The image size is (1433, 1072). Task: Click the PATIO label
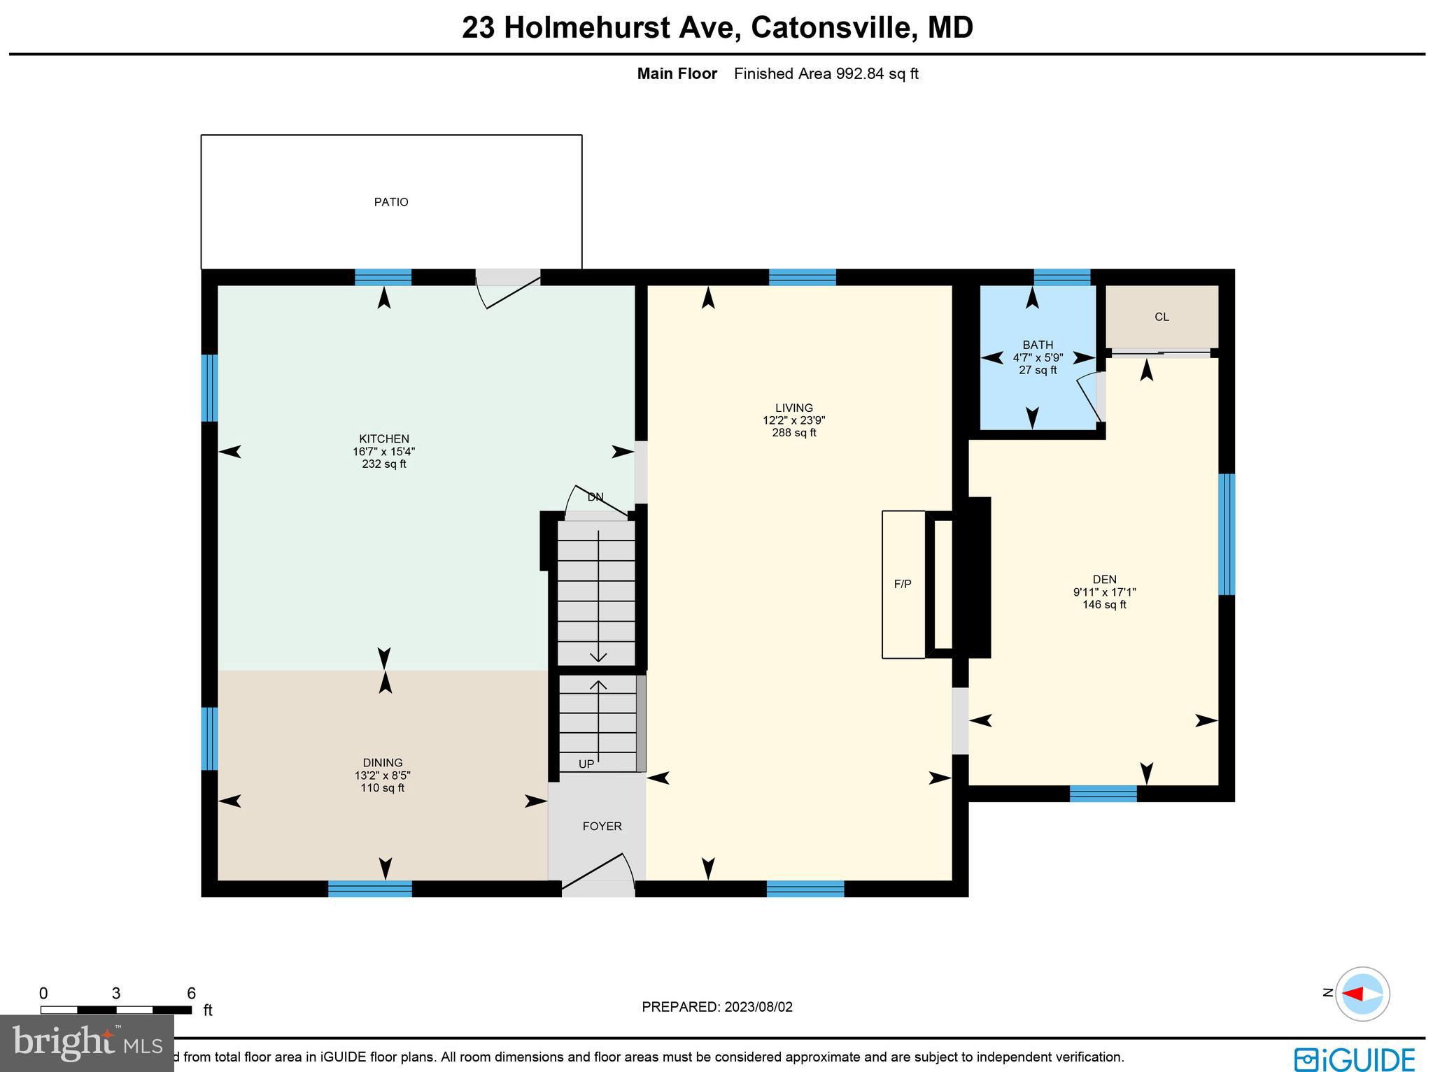(390, 202)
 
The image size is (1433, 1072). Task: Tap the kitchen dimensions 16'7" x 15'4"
(383, 452)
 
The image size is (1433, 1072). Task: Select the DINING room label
(382, 762)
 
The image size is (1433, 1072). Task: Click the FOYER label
(602, 826)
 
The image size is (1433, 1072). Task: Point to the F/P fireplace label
(902, 583)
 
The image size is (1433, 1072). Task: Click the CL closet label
(1162, 317)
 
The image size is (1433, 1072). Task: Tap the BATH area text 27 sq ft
(1038, 370)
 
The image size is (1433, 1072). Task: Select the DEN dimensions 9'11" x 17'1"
(1104, 592)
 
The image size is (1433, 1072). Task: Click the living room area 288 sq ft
(793, 433)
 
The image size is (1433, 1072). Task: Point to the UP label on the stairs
(586, 764)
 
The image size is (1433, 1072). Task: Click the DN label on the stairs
(595, 497)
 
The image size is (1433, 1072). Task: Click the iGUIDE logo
(1355, 1058)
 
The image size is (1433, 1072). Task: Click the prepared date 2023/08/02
(758, 1007)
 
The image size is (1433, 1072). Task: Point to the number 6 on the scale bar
(191, 993)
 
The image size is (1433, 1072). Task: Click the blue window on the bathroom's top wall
(1061, 277)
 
